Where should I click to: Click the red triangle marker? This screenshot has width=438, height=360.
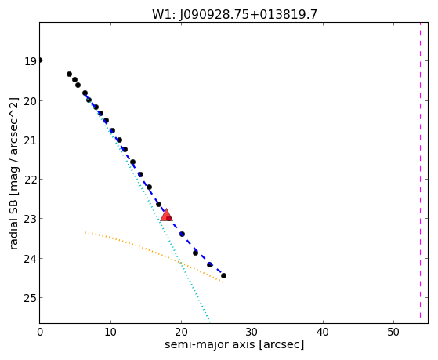[x=166, y=215]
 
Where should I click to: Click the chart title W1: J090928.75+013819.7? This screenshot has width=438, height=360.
[x=234, y=14]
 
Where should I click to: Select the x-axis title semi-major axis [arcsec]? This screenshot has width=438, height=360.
[x=234, y=344]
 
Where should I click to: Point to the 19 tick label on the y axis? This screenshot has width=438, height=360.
[x=31, y=61]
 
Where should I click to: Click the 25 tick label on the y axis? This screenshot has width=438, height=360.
[x=31, y=298]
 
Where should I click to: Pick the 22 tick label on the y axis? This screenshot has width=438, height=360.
[x=31, y=180]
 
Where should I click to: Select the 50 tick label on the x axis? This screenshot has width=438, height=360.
[x=393, y=332]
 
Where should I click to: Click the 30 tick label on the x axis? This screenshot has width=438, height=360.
[x=252, y=332]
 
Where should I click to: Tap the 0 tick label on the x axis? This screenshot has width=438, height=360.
[x=40, y=332]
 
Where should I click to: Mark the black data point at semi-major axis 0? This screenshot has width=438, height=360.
[x=40, y=60]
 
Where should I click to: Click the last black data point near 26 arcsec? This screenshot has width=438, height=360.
[x=223, y=275]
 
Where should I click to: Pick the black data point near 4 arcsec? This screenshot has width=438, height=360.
[x=69, y=75]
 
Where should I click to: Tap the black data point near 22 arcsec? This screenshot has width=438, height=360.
[x=195, y=253]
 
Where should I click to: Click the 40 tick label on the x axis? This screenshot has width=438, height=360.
[x=323, y=332]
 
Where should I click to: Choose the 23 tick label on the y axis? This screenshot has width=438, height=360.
[x=31, y=220]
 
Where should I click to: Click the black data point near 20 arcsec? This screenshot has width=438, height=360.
[x=182, y=234]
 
